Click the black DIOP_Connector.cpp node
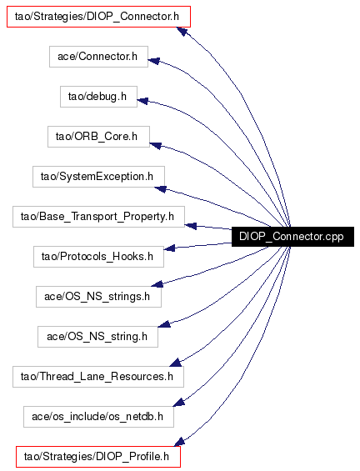tap(292, 237)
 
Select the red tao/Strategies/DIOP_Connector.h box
tap(98, 17)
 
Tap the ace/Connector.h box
tap(98, 57)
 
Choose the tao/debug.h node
tap(98, 97)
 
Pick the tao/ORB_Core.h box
tap(98, 137)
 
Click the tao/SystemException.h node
tap(98, 177)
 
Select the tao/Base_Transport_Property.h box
tap(98, 217)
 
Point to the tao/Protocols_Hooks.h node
tap(98, 257)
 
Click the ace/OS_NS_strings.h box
tap(98, 297)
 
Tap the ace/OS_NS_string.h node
tap(97, 337)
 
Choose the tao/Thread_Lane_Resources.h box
tap(98, 377)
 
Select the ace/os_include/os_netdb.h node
tap(98, 417)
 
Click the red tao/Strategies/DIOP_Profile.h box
tap(98, 457)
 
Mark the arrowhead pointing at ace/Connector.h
tap(153, 61)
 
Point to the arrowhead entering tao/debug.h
tap(142, 101)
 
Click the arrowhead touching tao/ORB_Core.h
tap(155, 146)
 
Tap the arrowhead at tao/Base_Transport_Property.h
tap(190, 226)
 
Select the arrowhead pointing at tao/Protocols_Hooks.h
tap(169, 248)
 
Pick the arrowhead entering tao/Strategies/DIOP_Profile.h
tap(179, 442)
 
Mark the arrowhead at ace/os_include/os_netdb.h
tap(178, 402)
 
